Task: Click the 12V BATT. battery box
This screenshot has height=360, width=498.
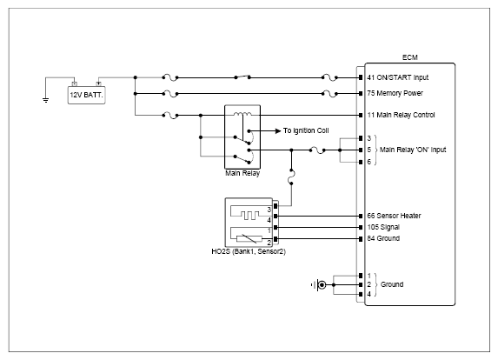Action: (86, 95)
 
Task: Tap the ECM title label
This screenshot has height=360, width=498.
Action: (409, 57)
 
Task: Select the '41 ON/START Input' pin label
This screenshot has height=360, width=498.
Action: (398, 77)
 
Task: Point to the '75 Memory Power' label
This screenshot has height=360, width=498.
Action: (395, 93)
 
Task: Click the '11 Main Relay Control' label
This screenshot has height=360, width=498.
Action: (401, 115)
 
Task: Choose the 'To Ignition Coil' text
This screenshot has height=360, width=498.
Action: (306, 130)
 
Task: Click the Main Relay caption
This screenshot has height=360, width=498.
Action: (242, 173)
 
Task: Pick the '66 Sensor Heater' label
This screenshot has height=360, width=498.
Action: (394, 216)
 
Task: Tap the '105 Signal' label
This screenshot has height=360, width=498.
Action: (383, 227)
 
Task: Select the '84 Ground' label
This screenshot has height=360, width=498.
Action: (383, 238)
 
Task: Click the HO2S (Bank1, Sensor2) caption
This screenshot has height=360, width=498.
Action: (249, 251)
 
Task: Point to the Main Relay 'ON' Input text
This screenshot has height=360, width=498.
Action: (413, 150)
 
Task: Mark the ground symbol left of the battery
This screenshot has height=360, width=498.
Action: (46, 100)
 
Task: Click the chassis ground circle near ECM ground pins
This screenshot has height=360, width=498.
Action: (322, 284)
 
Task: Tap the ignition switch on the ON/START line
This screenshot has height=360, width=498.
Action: (242, 77)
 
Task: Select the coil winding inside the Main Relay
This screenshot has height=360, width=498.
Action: (242, 114)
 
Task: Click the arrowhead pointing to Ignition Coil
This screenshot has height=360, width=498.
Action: (278, 131)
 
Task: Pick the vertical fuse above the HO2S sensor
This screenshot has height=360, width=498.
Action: (291, 177)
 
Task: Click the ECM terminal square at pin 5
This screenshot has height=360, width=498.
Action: (361, 150)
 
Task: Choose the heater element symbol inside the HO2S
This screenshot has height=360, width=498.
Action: (249, 216)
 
